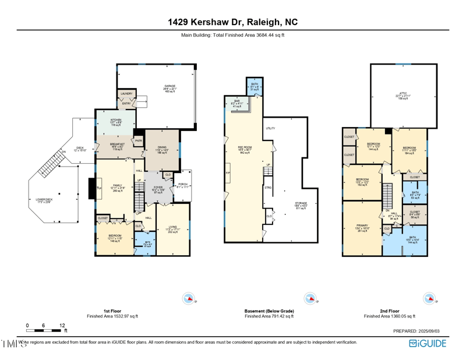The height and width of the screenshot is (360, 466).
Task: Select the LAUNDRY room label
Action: [126, 93]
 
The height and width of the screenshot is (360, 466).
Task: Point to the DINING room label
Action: [162, 149]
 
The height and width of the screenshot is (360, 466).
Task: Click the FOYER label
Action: [158, 187]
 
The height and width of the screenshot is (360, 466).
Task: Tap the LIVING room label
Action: [173, 227]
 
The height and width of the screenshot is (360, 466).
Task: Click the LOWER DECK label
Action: [45, 200]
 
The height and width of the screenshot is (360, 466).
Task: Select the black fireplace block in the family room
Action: [91, 188]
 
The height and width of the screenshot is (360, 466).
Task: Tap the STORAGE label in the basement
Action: [300, 203]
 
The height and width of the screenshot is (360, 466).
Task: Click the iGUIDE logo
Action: [428, 343]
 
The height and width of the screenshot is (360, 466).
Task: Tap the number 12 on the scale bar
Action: [62, 325]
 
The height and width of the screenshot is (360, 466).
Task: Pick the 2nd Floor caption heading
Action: [389, 311]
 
